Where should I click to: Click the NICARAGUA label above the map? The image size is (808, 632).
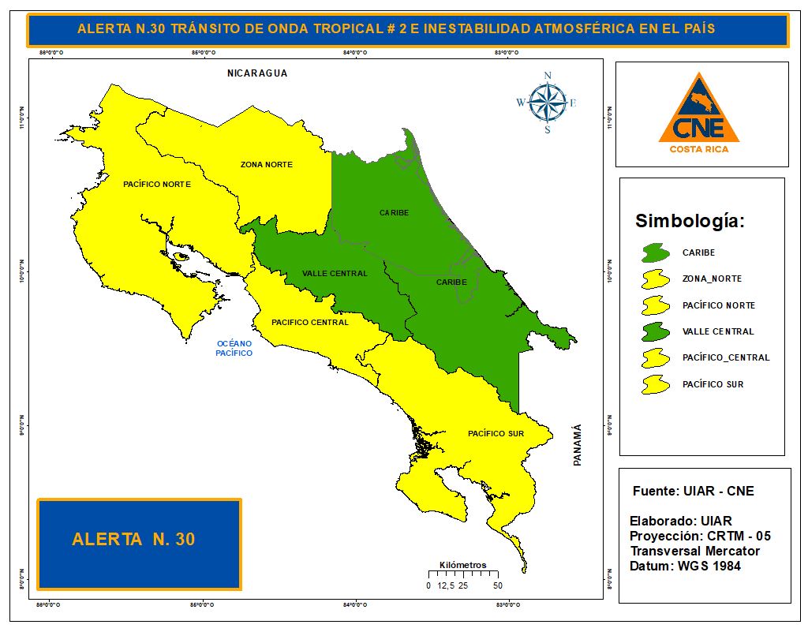click(x=257, y=73)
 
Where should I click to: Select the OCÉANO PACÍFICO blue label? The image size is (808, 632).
click(x=234, y=348)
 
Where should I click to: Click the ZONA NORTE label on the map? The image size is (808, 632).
click(x=267, y=165)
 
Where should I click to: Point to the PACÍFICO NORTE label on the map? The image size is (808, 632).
click(x=157, y=184)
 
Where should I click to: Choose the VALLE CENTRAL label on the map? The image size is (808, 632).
click(x=335, y=274)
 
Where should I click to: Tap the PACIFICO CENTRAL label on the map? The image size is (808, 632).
click(x=310, y=322)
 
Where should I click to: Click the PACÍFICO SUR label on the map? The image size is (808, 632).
click(x=496, y=434)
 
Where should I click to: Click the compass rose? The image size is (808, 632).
click(x=547, y=103)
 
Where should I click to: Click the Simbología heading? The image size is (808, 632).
click(x=690, y=221)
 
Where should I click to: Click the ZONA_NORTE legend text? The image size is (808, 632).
click(x=712, y=279)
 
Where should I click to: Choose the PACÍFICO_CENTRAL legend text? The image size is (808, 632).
click(x=725, y=357)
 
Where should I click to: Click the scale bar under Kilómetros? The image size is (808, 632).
click(x=462, y=575)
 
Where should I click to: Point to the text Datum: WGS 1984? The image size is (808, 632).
click(x=685, y=567)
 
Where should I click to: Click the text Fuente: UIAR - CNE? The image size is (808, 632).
click(x=693, y=491)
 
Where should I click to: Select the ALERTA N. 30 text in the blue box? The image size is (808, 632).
click(x=133, y=540)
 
